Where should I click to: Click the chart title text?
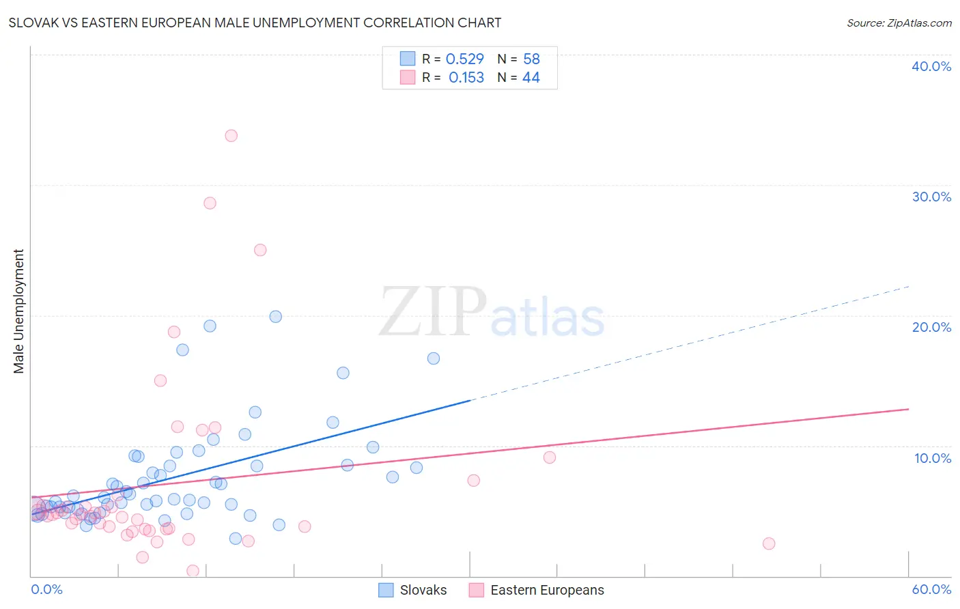click(x=255, y=23)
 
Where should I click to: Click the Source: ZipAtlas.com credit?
click(x=899, y=23)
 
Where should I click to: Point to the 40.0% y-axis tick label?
click(x=931, y=66)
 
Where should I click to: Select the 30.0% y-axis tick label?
click(x=931, y=197)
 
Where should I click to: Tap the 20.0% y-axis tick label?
click(x=931, y=327)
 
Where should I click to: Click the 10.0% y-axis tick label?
click(x=932, y=458)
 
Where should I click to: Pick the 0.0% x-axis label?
click(x=46, y=589)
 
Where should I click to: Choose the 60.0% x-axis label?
click(x=931, y=589)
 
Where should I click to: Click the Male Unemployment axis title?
click(x=18, y=311)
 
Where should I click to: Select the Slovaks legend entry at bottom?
click(x=413, y=590)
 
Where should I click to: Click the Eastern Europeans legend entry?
click(x=537, y=590)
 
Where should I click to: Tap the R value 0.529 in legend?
click(x=464, y=59)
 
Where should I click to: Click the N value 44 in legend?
click(x=531, y=78)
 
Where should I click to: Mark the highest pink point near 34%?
click(x=231, y=136)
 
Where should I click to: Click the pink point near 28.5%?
click(x=210, y=203)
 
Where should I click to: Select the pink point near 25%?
click(x=260, y=250)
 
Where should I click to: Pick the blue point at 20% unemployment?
click(x=275, y=317)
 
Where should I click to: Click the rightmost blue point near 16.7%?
click(x=433, y=358)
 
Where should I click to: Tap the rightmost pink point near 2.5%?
click(x=769, y=543)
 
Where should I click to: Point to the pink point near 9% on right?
click(x=550, y=457)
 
